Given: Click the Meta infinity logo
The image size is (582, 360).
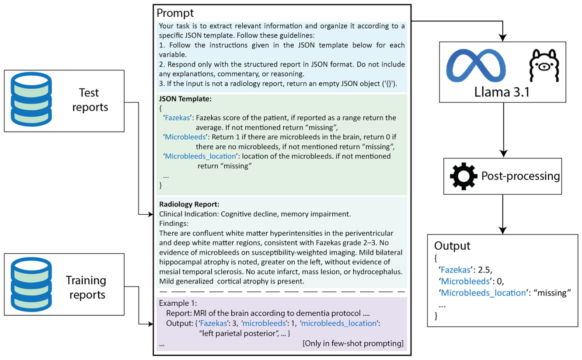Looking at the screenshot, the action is click(x=476, y=65).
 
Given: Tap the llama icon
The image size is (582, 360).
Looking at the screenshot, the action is click(x=544, y=65).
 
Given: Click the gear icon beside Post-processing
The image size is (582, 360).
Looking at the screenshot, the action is click(x=464, y=176).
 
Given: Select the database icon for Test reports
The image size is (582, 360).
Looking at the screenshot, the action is click(x=31, y=99).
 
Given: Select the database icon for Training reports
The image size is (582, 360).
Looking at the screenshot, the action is click(x=31, y=284).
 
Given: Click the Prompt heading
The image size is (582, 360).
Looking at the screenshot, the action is click(x=175, y=13).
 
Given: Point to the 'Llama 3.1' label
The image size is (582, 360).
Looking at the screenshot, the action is click(x=502, y=92).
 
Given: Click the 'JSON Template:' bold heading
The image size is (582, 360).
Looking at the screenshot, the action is click(x=185, y=99).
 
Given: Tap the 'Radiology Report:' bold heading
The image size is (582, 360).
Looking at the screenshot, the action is click(x=189, y=204).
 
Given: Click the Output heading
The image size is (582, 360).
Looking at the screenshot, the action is click(x=452, y=246).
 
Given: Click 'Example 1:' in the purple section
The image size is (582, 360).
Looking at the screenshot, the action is click(x=178, y=303).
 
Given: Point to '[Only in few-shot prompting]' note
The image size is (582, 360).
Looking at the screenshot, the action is click(x=353, y=343).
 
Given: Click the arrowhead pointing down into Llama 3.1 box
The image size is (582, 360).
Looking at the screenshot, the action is click(x=503, y=38).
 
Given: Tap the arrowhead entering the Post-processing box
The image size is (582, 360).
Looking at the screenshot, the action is click(x=504, y=154).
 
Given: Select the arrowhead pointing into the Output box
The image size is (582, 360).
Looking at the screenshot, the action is click(x=503, y=230).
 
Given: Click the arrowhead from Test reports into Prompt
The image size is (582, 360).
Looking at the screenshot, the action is click(x=150, y=214).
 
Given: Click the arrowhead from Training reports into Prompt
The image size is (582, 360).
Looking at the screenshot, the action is click(x=150, y=324).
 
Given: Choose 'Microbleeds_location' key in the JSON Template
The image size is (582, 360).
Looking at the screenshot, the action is click(x=200, y=156).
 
